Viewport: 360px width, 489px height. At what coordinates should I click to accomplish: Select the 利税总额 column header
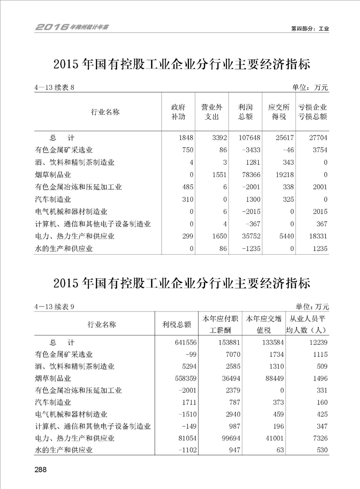(x=177, y=325)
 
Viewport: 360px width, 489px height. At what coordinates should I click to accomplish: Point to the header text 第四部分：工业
(x=310, y=28)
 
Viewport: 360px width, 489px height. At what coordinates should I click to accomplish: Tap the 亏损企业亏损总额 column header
(x=312, y=112)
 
